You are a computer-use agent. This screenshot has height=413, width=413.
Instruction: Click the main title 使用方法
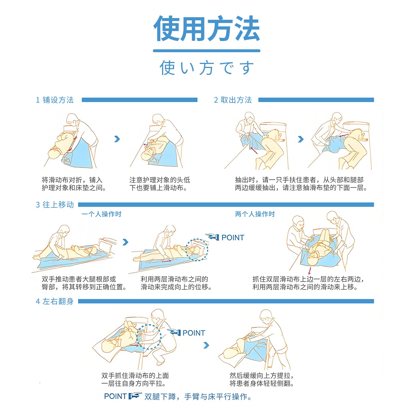[x=206, y=28]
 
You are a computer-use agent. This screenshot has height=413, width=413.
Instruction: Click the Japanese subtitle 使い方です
[x=206, y=68]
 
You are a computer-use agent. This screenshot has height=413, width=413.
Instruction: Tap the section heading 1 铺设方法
[x=55, y=100]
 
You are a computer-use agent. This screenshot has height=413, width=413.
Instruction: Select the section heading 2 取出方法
[x=233, y=100]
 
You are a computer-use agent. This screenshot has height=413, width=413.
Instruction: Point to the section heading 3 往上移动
[x=55, y=205]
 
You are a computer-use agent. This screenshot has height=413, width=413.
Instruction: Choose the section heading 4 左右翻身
[x=55, y=301]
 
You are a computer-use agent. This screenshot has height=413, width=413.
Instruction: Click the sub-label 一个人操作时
[x=101, y=214]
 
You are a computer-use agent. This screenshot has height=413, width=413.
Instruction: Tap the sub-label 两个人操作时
[x=255, y=214]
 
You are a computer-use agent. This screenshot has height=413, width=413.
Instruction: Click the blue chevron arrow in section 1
[x=117, y=139]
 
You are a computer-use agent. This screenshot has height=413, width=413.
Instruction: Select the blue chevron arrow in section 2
[x=301, y=139]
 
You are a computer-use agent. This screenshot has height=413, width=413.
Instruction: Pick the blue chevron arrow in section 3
[x=126, y=242]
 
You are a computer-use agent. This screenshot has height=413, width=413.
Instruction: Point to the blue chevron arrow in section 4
[x=206, y=345]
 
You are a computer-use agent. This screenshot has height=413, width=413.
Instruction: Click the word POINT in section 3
[x=233, y=237]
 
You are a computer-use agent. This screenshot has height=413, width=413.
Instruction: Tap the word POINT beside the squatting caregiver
[x=194, y=333]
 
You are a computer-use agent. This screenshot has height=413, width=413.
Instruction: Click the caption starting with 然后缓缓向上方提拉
[x=262, y=379]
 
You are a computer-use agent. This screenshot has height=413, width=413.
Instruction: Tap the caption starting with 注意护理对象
[x=160, y=184]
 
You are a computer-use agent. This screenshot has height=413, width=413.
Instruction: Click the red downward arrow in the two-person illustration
[x=309, y=271]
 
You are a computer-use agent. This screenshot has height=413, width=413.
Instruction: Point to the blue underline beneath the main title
[x=206, y=51]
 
